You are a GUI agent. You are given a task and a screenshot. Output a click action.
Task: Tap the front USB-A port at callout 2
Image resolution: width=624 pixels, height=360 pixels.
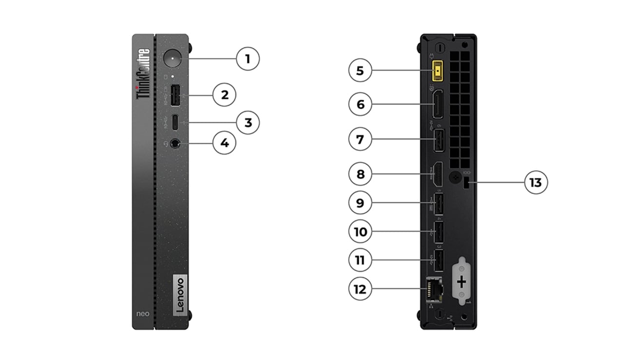point(175,95)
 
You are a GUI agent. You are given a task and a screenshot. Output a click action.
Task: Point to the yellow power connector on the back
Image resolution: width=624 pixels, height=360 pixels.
point(440,71)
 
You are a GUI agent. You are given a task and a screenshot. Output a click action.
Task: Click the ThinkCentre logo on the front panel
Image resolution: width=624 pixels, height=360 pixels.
point(143,74)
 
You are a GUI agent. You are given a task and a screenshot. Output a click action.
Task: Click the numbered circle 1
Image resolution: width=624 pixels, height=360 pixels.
point(248,59)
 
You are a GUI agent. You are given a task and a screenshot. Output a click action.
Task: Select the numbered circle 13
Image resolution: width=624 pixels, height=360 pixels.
point(535,183)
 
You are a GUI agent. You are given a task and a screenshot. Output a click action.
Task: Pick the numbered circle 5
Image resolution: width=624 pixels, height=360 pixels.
point(360,71)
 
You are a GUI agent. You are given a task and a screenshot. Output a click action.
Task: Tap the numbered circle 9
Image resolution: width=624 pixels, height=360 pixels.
point(360,203)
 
